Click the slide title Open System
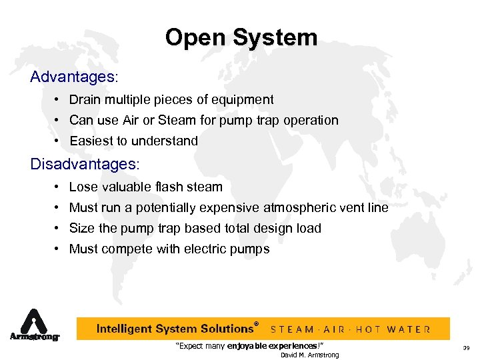(x=241, y=37)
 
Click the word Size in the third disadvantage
(x=82, y=228)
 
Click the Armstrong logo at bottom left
(x=34, y=326)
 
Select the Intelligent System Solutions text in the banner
(x=175, y=329)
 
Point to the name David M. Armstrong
(x=309, y=355)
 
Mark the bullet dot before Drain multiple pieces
(x=59, y=100)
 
